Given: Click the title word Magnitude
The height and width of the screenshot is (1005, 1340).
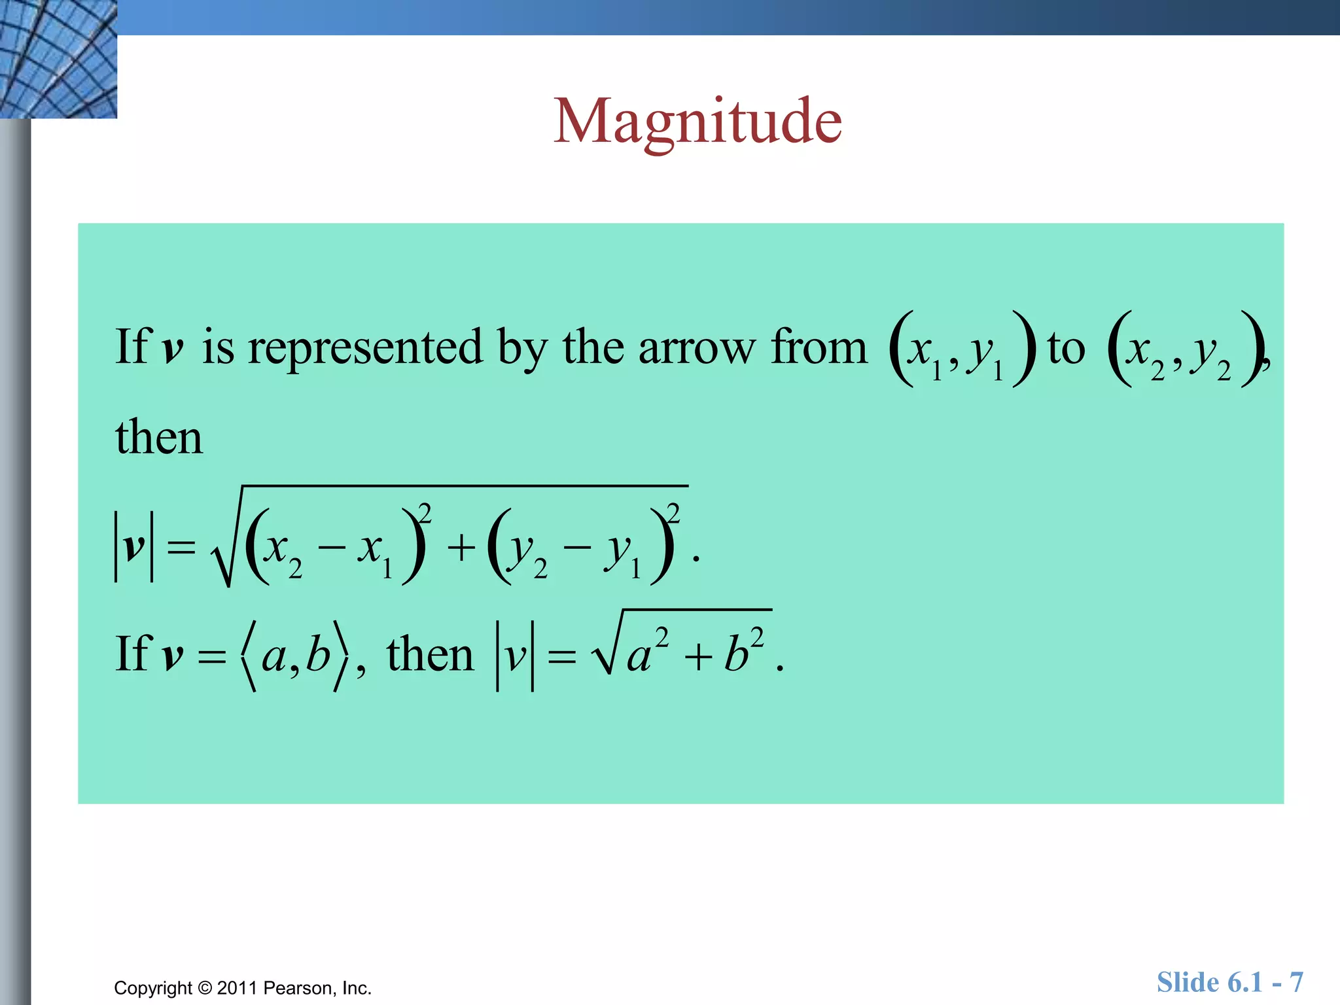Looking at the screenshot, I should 697,122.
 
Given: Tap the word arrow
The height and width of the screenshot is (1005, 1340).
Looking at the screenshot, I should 696,348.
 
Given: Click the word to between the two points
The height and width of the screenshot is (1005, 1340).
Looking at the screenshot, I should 1066,348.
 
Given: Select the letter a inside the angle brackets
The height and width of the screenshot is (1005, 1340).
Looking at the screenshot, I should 274,656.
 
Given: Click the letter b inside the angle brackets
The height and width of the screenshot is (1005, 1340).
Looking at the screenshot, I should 319,654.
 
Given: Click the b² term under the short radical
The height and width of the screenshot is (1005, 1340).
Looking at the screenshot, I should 743,650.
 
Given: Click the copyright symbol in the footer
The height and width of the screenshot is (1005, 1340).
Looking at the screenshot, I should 205,988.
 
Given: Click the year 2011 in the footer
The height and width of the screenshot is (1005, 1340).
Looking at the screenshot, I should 237,988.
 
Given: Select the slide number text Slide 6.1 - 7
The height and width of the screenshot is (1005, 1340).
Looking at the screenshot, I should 1229,982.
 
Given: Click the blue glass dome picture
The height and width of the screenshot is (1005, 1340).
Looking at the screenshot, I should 58,59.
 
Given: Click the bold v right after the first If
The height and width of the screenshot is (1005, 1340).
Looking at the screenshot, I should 173,349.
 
